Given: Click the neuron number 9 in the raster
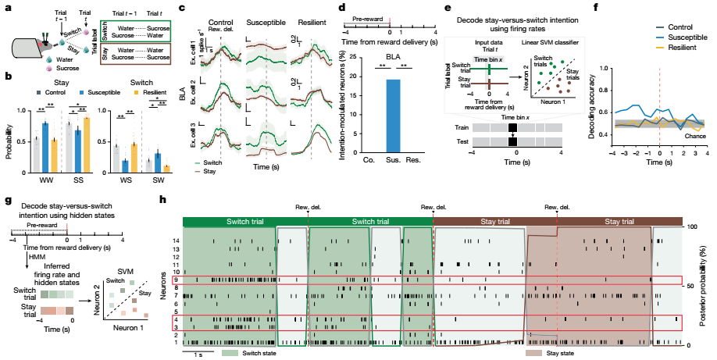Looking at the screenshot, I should (177, 280).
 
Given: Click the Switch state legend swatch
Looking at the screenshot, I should (229, 353).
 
